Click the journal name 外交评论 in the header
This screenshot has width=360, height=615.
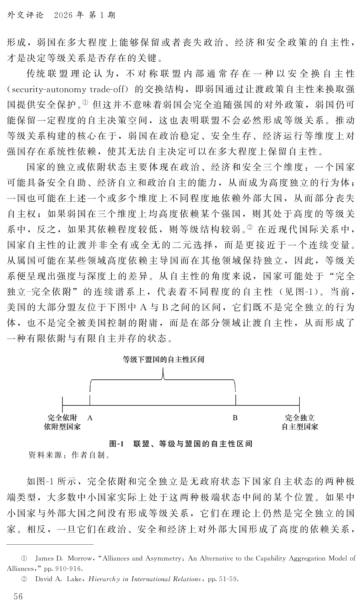pos(26,15)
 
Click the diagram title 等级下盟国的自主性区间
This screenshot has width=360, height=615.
pos(163,359)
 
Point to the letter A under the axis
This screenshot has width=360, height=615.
pos(90,418)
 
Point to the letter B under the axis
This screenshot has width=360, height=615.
pos(235,418)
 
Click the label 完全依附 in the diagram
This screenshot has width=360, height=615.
pos(62,418)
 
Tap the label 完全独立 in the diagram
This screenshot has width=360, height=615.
pos(300,418)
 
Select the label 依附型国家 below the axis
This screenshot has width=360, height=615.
pos(62,427)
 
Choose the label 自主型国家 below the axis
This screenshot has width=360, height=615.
pos(300,427)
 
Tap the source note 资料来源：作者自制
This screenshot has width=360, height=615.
pos(69,454)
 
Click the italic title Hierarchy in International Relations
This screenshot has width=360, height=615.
pos(145,579)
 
